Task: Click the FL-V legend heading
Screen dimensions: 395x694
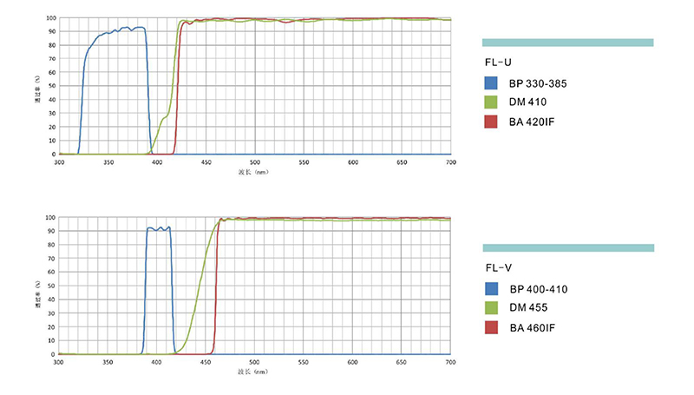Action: (x=498, y=268)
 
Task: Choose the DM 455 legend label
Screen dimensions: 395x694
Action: (x=527, y=308)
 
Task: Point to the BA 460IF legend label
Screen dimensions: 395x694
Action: (x=532, y=327)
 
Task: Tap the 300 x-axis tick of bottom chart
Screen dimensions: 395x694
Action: (x=59, y=362)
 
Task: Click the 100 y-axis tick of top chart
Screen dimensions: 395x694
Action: (x=52, y=17)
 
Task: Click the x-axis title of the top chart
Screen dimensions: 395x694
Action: (x=252, y=172)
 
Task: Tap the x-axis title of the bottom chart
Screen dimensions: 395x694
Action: (x=252, y=372)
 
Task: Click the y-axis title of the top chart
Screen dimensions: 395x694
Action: (x=37, y=86)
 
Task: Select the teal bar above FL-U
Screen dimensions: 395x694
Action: (x=567, y=42)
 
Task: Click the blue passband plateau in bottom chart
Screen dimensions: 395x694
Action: (x=158, y=228)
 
